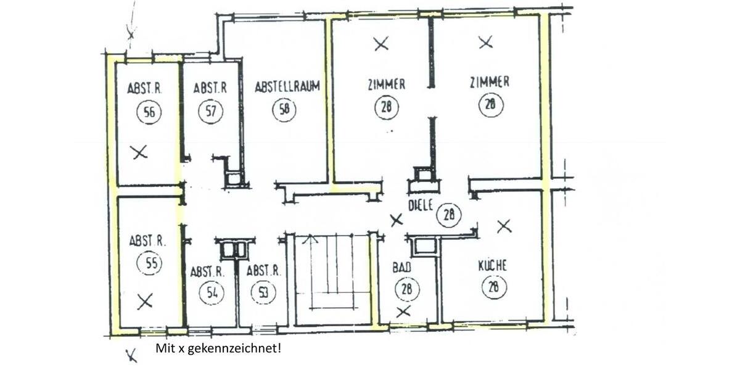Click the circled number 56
coord(149,113)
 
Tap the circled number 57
coord(210,112)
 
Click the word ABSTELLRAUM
coord(287,87)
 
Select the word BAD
coord(401,268)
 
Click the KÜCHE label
coord(492,266)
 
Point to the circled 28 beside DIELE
coord(449,215)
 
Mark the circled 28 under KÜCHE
coord(494,287)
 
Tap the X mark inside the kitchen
coord(504,226)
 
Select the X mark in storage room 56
coord(140,152)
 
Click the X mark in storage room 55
coord(144,301)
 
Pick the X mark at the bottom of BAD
coord(403,311)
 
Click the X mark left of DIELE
coord(397,220)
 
